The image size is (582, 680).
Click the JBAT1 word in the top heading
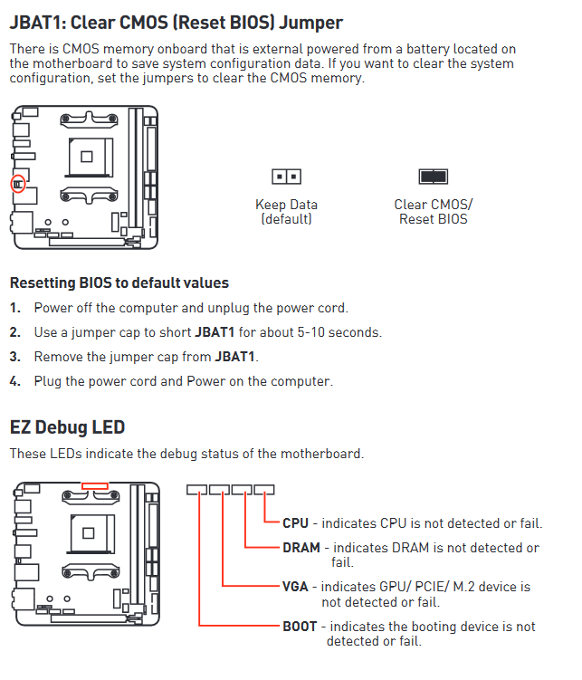click(x=37, y=23)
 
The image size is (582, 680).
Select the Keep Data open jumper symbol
click(x=286, y=177)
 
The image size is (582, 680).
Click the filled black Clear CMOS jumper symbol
click(x=433, y=177)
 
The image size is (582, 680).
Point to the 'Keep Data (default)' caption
click(x=286, y=212)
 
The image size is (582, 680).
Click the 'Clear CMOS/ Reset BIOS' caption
click(x=433, y=212)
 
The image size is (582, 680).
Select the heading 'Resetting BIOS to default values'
click(x=119, y=283)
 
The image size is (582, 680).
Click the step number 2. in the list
click(x=14, y=332)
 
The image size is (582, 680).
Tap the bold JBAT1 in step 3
click(x=234, y=357)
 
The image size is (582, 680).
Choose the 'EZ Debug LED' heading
click(x=67, y=427)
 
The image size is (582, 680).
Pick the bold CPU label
click(x=295, y=523)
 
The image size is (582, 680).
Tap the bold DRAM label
click(x=301, y=548)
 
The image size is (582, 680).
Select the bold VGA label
click(x=295, y=587)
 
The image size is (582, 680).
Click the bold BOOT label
click(x=300, y=627)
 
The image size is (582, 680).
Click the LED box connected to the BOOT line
click(x=196, y=490)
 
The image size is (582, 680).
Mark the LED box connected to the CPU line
click(x=264, y=490)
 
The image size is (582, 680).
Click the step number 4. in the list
click(x=14, y=381)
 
